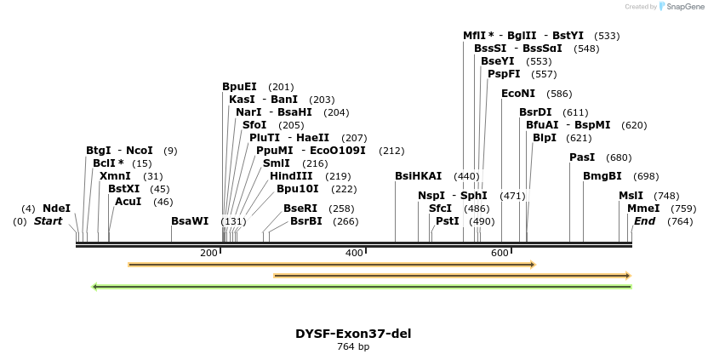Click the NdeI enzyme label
57,209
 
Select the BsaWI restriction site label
190,221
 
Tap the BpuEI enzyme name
239,87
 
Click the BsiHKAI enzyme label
419,176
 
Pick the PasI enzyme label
582,157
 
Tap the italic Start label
49,221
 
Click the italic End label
645,221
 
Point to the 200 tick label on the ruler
209,254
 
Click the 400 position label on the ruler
355,254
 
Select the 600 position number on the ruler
500,254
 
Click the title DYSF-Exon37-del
353,334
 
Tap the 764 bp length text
353,347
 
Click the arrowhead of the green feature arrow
95,287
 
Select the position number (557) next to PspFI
539,74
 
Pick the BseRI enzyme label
300,209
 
